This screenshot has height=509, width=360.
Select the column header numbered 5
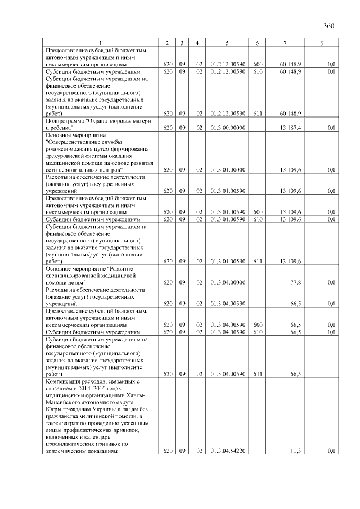pos(227,43)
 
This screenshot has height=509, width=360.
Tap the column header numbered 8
pos(321,43)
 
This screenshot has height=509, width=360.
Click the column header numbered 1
pos(101,43)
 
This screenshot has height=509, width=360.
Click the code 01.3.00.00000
pos(227,128)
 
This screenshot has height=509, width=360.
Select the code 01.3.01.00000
pos(227,169)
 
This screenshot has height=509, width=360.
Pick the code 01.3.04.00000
pos(227,282)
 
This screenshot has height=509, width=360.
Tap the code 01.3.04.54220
pos(227,451)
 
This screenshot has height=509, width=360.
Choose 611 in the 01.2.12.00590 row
pos(256,114)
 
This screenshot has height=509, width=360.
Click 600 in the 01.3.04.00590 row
pos(256,325)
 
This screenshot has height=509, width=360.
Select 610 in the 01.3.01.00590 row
pos(256,219)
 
